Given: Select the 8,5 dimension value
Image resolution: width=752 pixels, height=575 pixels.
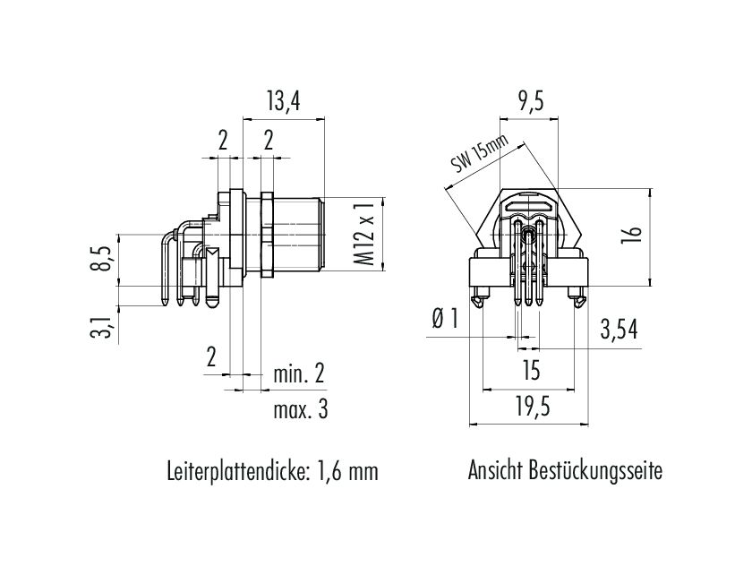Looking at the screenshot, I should point(106,260).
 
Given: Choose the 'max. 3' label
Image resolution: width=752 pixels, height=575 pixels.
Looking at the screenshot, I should point(300,410).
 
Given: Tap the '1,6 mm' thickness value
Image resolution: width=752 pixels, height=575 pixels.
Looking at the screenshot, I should point(346,471).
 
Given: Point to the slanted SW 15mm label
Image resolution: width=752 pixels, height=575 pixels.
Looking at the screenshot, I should point(479,155).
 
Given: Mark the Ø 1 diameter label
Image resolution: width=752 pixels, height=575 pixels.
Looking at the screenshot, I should point(444,320).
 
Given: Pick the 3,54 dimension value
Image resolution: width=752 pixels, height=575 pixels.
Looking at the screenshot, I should point(620,330).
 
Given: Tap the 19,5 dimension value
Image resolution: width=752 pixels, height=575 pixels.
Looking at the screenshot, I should point(531,408).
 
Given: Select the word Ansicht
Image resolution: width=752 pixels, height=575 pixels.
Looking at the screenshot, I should point(495,471).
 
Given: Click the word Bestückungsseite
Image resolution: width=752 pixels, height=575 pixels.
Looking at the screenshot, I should point(596,471).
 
